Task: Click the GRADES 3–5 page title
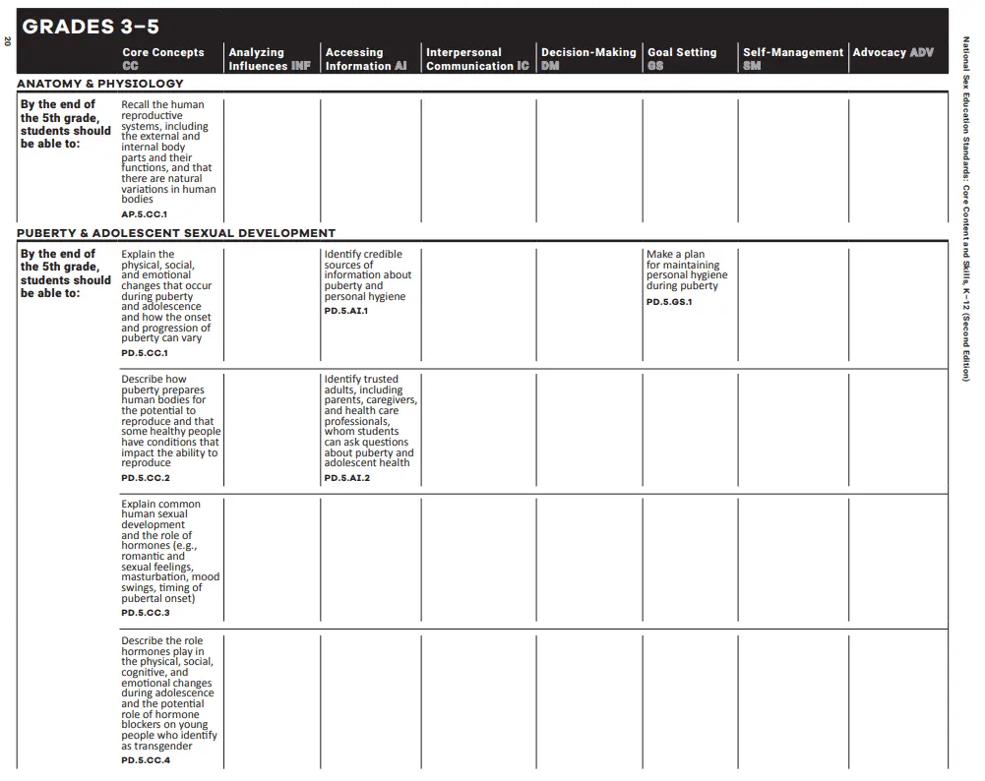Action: click(91, 27)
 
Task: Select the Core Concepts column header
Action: click(163, 58)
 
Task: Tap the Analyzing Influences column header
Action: click(269, 59)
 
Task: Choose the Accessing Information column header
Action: click(365, 59)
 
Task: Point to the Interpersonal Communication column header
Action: click(477, 59)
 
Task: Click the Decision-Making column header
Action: click(587, 58)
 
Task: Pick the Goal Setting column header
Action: click(682, 58)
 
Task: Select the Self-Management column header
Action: click(792, 58)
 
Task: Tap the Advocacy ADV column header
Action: click(893, 52)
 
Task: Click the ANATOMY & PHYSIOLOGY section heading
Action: click(100, 84)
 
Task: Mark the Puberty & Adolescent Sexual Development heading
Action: click(176, 233)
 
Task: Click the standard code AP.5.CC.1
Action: click(145, 213)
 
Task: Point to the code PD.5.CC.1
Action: click(145, 353)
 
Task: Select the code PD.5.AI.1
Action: click(346, 311)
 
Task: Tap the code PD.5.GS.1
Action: click(669, 302)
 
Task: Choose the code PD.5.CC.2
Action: click(146, 478)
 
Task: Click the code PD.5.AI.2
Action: click(347, 478)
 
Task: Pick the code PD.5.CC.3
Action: click(146, 613)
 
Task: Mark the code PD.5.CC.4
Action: click(146, 760)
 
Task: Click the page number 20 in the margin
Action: click(7, 41)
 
